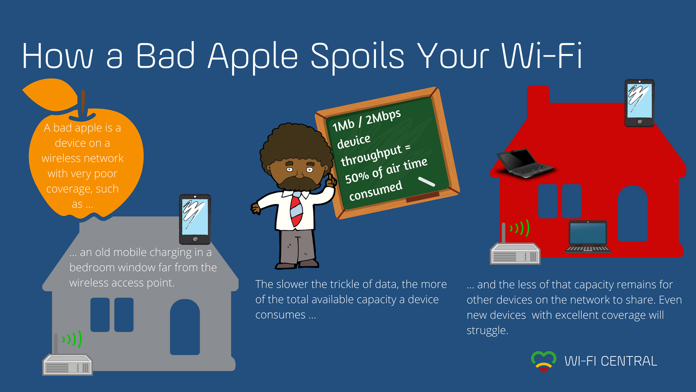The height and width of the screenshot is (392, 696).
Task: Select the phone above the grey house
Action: [x=195, y=219]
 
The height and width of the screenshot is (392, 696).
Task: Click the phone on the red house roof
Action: [x=639, y=103]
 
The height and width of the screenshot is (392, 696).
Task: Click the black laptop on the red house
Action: [x=525, y=163]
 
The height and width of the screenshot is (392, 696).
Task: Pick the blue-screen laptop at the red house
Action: [x=588, y=237]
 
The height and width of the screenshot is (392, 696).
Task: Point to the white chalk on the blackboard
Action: [x=426, y=181]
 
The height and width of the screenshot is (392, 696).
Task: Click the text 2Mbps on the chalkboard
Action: [x=383, y=117]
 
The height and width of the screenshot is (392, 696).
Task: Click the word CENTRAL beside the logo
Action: [x=629, y=361]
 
